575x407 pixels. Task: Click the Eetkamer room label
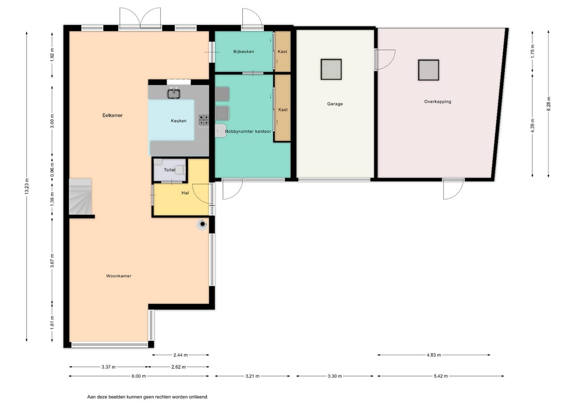112,115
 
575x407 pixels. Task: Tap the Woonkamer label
119,276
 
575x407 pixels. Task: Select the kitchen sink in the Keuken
174,94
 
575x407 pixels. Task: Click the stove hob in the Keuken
204,121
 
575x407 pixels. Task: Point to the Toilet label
170,170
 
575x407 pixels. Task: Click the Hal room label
185,193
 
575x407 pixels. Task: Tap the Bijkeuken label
244,51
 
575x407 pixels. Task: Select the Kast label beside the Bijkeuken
283,51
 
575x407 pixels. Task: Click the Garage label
335,104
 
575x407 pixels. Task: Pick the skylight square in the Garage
331,69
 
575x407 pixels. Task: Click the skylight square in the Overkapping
429,70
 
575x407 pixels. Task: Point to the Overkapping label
438,102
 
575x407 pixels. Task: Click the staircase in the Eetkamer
80,196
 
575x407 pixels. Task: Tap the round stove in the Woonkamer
202,224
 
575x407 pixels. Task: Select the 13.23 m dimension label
27,187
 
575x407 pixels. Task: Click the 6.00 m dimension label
138,376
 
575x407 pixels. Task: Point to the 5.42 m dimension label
440,376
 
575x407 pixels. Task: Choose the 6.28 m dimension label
548,103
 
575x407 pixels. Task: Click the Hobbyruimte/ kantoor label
248,131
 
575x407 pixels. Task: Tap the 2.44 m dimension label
180,355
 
